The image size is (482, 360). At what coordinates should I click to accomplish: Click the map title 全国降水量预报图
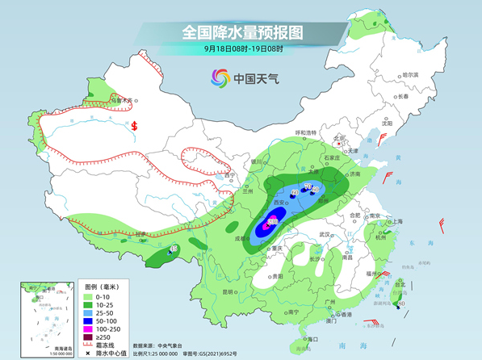coord(241,32)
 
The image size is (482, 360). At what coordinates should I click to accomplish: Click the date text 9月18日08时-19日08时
coord(242,50)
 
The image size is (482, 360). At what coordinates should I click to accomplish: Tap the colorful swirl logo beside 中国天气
coord(220,78)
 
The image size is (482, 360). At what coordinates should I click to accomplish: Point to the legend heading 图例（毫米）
coord(103,287)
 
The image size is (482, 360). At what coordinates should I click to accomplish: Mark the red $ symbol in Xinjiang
coord(135,126)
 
